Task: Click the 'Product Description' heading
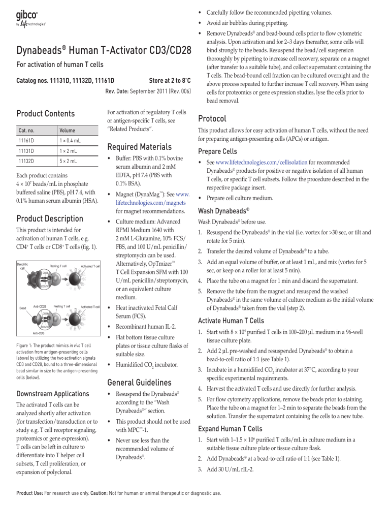tap(50, 219)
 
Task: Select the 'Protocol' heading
tap(216, 118)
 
